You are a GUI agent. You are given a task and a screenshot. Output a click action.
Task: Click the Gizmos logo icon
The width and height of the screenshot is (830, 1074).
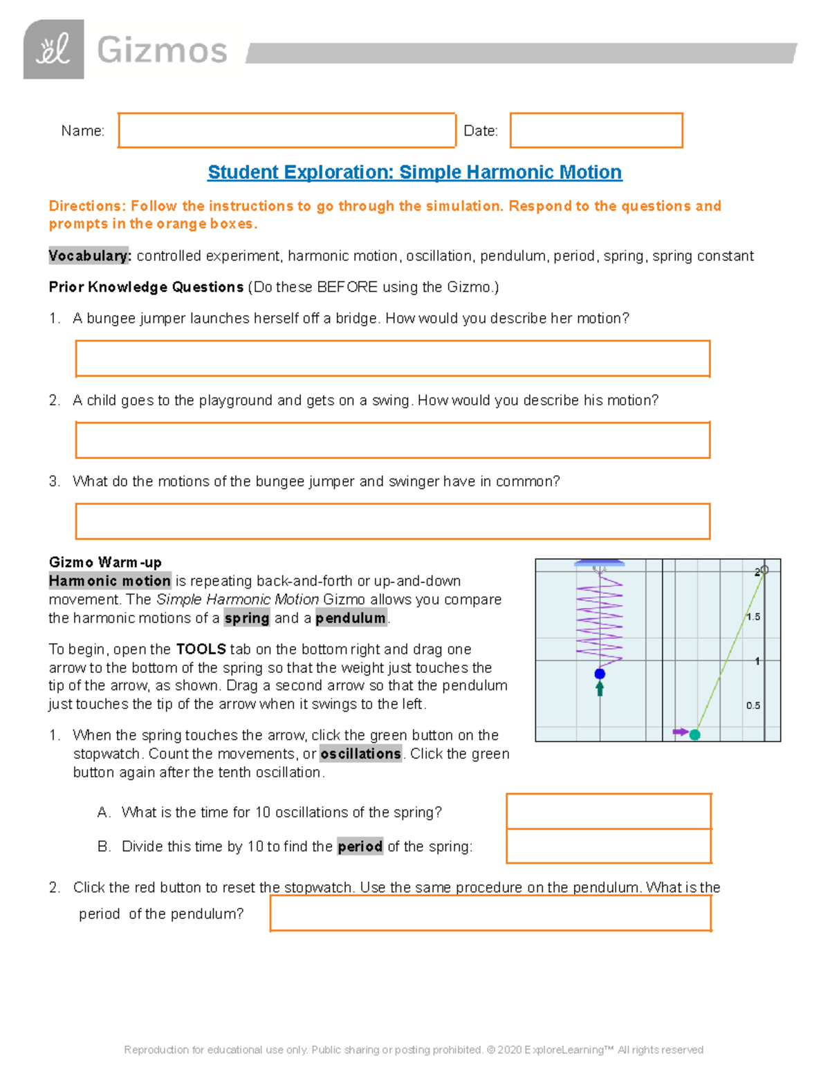(54, 50)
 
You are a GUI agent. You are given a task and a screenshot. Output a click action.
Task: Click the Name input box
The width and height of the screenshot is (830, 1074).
(286, 131)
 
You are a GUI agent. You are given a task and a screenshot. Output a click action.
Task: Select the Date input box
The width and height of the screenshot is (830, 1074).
(596, 131)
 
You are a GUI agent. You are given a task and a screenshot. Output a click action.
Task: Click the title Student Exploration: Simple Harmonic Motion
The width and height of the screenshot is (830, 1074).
(414, 172)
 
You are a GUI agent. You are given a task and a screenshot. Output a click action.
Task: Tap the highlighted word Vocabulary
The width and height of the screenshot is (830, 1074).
(89, 256)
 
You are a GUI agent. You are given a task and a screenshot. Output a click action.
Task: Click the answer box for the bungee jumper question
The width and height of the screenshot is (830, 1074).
(392, 358)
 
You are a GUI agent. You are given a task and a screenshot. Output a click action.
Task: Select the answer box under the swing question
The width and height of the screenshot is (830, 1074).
(392, 440)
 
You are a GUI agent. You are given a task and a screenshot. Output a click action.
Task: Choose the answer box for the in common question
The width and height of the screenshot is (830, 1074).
(392, 521)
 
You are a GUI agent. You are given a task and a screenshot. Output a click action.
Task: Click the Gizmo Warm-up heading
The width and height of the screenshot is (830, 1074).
(105, 562)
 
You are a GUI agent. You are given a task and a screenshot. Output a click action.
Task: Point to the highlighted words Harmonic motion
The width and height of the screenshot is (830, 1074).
(110, 581)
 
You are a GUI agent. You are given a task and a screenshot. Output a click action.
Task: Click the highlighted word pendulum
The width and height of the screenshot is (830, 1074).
(351, 618)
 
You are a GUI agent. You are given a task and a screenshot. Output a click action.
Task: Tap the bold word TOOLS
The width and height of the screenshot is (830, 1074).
(201, 649)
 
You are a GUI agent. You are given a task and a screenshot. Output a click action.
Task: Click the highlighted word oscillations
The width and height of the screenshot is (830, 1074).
(360, 754)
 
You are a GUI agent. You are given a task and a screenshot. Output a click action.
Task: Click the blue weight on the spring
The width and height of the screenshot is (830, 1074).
(600, 674)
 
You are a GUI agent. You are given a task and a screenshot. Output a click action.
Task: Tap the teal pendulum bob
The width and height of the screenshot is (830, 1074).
(695, 734)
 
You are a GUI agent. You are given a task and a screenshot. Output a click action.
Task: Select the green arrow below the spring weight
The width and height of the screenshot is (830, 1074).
(600, 688)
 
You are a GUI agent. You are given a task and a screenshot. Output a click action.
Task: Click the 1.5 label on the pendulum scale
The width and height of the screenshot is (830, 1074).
(753, 617)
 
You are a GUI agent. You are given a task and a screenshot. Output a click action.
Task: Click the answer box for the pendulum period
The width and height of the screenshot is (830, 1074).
(490, 914)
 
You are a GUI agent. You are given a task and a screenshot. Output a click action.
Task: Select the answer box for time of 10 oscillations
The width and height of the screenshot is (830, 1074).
(609, 811)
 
